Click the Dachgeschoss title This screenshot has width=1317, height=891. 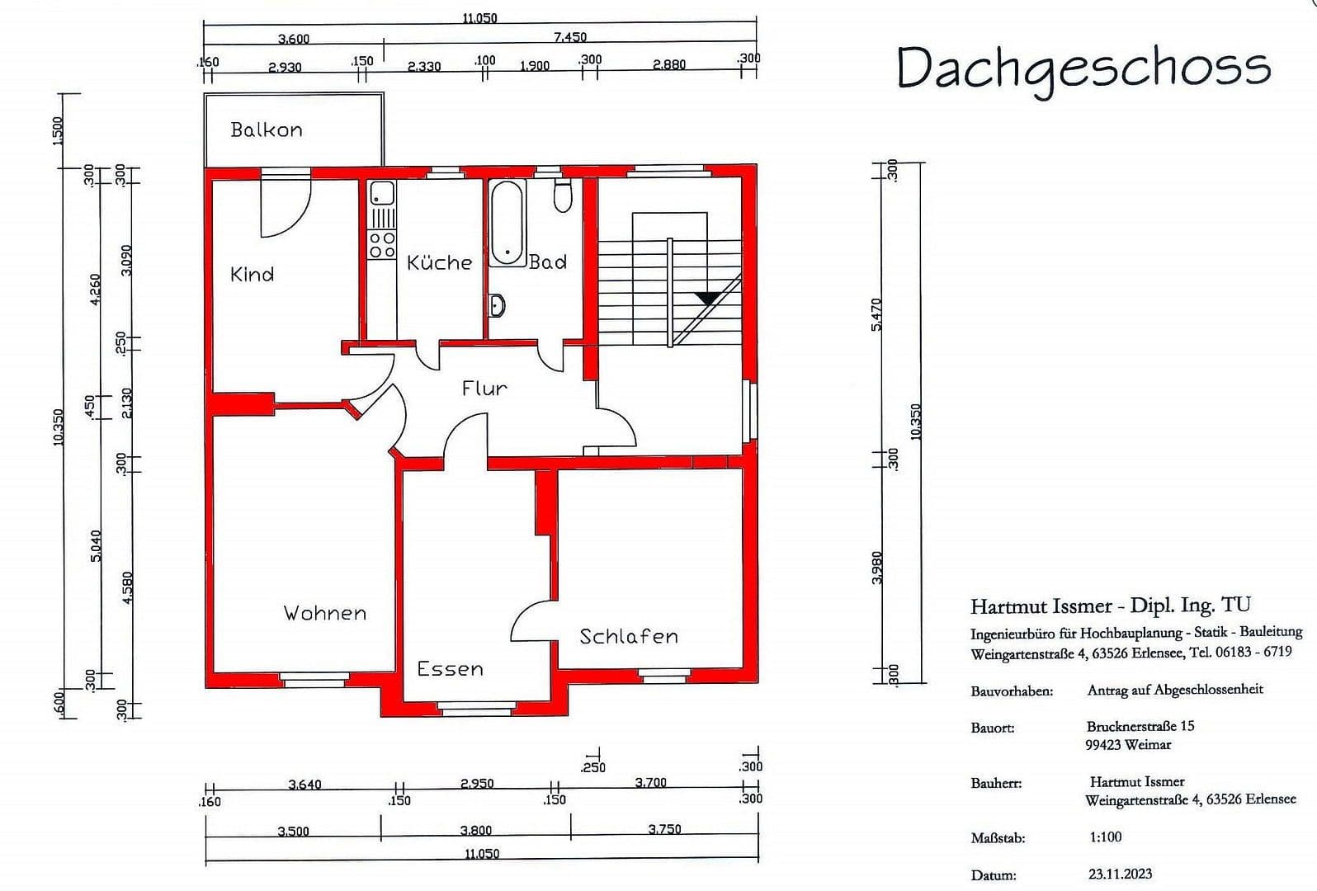(1083, 68)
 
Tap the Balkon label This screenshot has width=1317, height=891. (266, 130)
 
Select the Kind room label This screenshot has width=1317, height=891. (252, 274)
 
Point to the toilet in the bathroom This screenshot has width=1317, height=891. (563, 196)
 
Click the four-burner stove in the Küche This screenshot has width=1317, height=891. (381, 244)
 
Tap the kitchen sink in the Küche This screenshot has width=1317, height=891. (381, 194)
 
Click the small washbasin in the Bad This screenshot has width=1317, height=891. (497, 305)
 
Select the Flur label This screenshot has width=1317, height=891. (484, 388)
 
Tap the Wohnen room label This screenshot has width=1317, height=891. (324, 613)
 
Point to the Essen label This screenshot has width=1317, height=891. (450, 669)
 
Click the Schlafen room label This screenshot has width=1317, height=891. (628, 636)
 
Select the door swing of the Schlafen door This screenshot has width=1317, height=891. (528, 623)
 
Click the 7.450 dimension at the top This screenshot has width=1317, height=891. (570, 36)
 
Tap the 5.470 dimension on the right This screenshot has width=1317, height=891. (876, 314)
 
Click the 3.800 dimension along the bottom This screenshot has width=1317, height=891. (475, 830)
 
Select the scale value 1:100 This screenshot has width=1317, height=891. (1105, 837)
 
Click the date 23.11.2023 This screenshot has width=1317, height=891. (1120, 873)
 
